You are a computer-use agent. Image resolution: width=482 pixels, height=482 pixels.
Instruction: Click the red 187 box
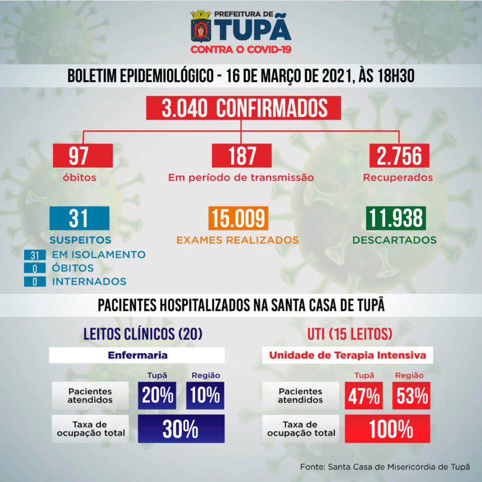242,156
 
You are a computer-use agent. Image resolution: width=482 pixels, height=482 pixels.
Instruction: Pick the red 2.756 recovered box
399,156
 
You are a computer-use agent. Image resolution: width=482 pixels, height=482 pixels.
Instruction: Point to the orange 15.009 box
238,219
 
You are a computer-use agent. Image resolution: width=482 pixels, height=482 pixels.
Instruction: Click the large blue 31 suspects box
79,219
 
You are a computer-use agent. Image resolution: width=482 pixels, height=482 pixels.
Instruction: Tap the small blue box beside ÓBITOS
35,268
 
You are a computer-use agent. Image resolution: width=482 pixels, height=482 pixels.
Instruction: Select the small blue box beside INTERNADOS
35,281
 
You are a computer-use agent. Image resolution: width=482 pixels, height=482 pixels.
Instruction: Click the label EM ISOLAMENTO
98,255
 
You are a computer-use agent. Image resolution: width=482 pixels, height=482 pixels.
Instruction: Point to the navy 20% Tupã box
158,396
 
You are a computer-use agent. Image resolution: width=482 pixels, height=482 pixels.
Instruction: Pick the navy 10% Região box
205,396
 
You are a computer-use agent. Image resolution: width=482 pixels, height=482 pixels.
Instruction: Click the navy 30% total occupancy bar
181,429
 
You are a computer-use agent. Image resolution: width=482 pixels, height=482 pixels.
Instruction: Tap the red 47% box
364,396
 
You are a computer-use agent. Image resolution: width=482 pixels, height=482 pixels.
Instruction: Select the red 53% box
411,396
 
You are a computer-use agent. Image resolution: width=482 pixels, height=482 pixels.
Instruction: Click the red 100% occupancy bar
387,429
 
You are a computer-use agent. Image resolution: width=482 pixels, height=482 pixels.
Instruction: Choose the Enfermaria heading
137,355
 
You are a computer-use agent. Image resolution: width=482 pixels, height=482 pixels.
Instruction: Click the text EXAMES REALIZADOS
237,240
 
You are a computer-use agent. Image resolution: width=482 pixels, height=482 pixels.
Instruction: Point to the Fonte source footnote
385,467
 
